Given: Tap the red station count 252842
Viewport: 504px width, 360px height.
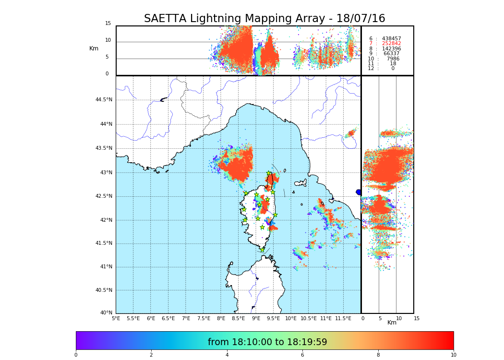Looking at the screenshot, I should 391,44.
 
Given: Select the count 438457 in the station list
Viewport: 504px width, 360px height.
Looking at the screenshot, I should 391,38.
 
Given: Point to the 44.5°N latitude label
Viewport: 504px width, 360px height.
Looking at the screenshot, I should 104,100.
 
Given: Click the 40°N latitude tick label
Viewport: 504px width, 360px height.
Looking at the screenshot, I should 106,313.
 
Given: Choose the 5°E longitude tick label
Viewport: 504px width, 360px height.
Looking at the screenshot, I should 116,318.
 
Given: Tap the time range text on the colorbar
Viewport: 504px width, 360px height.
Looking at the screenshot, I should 267,342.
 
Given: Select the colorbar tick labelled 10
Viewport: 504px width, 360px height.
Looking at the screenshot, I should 454,355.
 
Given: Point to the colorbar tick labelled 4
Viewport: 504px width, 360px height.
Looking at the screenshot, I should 227,355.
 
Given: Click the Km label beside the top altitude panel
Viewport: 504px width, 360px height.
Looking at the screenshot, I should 94,48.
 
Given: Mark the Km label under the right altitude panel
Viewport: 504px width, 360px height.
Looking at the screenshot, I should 392,323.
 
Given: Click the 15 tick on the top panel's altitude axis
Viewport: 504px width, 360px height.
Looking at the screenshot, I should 108,24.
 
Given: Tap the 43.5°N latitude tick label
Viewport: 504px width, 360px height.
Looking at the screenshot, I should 104,148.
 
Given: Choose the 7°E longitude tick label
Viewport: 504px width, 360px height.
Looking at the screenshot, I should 186,318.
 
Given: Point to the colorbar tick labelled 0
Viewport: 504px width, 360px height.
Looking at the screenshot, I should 76,355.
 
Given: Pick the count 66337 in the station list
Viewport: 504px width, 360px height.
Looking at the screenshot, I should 391,54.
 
